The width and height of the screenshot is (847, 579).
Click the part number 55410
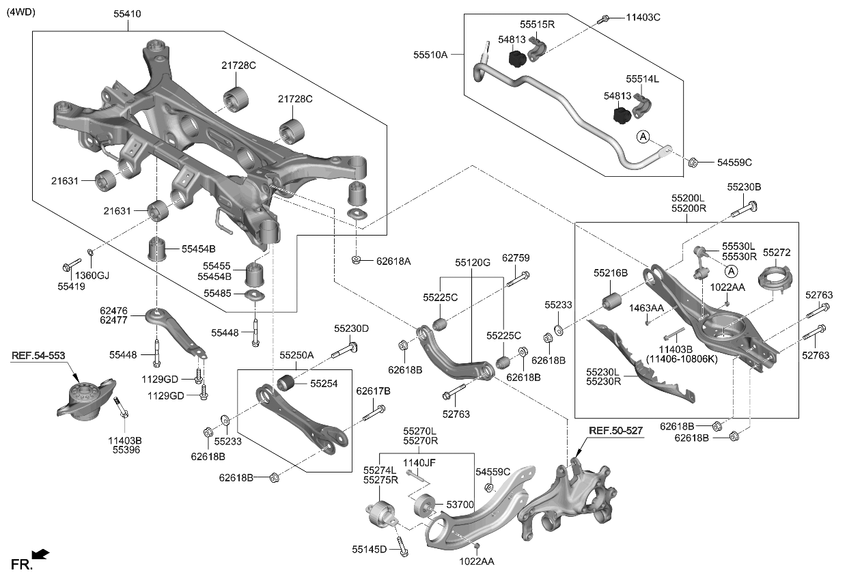(128, 13)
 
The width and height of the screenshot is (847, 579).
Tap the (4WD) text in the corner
(21, 12)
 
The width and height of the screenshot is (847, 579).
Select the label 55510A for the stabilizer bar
(430, 54)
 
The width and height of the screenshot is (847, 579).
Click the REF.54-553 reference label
(40, 356)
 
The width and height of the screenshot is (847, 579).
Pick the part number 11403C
(643, 17)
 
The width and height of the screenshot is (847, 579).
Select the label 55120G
(473, 262)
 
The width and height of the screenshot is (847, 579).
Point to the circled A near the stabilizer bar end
(643, 137)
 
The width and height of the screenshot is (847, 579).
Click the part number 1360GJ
(92, 275)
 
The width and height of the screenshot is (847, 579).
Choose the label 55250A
(296, 356)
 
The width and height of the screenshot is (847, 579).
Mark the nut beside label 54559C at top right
(693, 163)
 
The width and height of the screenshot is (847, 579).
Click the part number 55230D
(351, 328)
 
